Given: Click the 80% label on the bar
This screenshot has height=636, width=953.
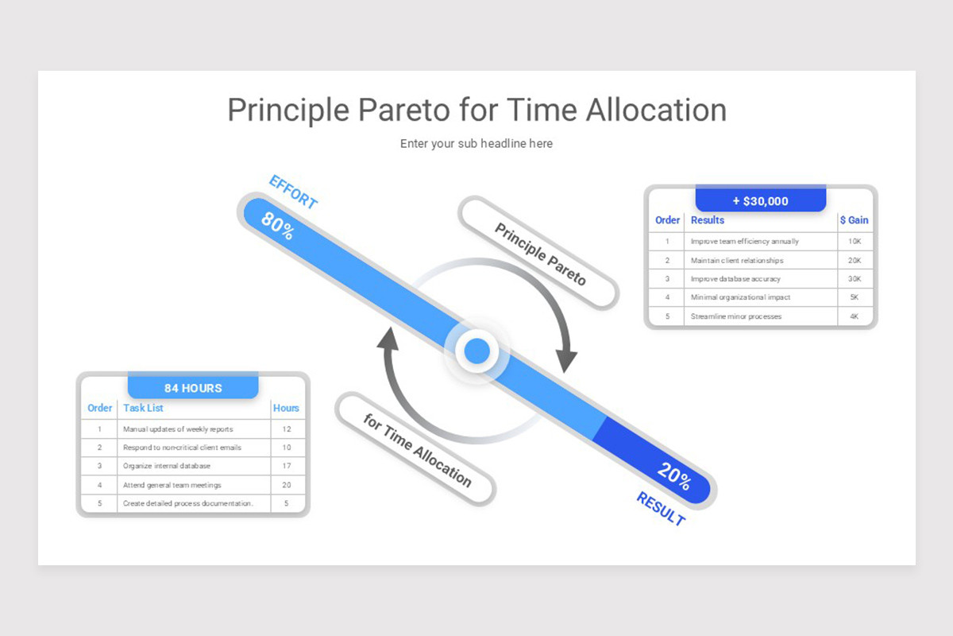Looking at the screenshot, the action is pyautogui.click(x=277, y=225).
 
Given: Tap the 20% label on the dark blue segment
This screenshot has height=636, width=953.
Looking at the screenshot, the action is pyautogui.click(x=674, y=476).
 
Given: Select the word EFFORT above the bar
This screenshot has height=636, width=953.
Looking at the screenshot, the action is pyautogui.click(x=294, y=192).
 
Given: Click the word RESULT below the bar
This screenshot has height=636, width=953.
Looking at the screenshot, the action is pyautogui.click(x=661, y=509).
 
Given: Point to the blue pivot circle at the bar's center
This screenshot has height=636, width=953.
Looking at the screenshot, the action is pyautogui.click(x=477, y=351).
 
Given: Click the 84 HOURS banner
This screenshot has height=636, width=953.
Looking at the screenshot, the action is pyautogui.click(x=193, y=387).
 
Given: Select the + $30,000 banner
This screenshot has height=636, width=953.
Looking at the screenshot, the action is pyautogui.click(x=761, y=200).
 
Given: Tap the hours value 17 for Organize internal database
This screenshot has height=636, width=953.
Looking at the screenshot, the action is pyautogui.click(x=287, y=466).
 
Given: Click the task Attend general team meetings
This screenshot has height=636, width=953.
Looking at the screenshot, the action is pyautogui.click(x=172, y=485).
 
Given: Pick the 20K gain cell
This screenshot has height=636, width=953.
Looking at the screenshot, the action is pyautogui.click(x=855, y=260).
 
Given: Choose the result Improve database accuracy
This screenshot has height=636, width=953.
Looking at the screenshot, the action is pyautogui.click(x=735, y=279).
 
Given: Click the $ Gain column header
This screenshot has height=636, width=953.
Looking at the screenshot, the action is pyautogui.click(x=855, y=220).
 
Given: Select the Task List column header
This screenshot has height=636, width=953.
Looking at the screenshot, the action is pyautogui.click(x=143, y=408).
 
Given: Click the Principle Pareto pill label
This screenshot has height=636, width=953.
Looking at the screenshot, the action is pyautogui.click(x=540, y=254).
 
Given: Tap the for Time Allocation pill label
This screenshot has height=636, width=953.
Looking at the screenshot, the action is pyautogui.click(x=417, y=450).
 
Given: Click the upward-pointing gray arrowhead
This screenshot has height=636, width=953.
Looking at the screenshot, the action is pyautogui.click(x=388, y=339).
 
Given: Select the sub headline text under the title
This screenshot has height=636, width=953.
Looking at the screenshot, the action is pyautogui.click(x=476, y=144).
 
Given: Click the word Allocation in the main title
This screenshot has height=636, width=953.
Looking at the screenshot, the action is pyautogui.click(x=657, y=110).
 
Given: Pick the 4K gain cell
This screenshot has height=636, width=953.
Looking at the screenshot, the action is pyautogui.click(x=855, y=316).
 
